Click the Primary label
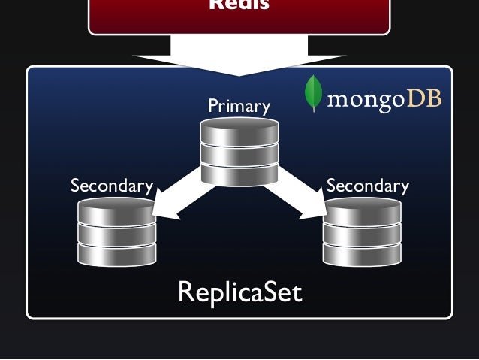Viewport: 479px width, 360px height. (x=239, y=107)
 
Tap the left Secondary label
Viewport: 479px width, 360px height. (x=111, y=186)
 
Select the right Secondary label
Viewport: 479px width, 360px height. (x=368, y=186)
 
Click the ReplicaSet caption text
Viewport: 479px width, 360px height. (x=239, y=292)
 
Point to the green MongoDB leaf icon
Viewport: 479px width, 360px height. (x=312, y=94)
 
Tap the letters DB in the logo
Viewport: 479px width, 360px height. (x=423, y=98)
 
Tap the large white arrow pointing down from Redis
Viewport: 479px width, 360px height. (x=239, y=56)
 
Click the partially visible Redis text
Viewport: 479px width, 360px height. (x=239, y=5)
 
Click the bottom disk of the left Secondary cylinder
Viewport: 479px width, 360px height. (x=117, y=253)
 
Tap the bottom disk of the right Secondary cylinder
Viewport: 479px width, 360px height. (x=362, y=253)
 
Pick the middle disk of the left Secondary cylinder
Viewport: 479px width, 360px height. (x=117, y=233)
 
